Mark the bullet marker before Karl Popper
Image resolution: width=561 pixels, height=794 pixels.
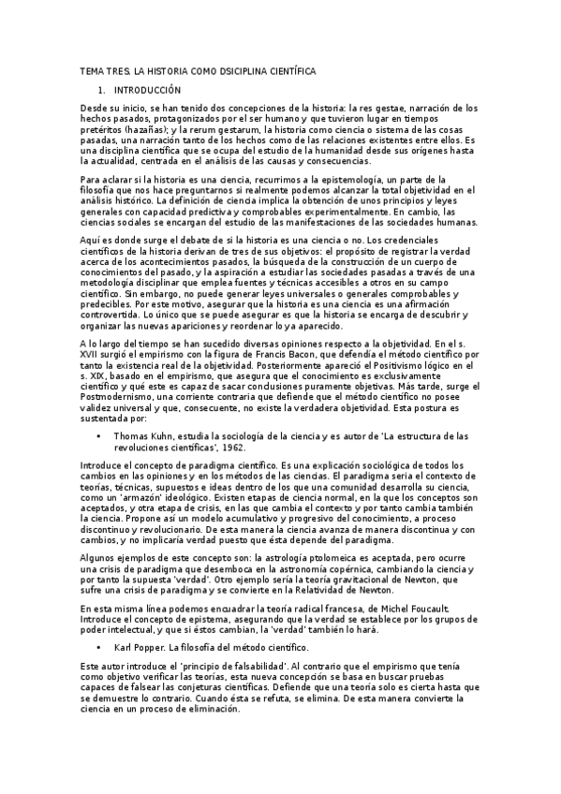[97, 647]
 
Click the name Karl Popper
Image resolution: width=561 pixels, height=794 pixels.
[138, 647]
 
